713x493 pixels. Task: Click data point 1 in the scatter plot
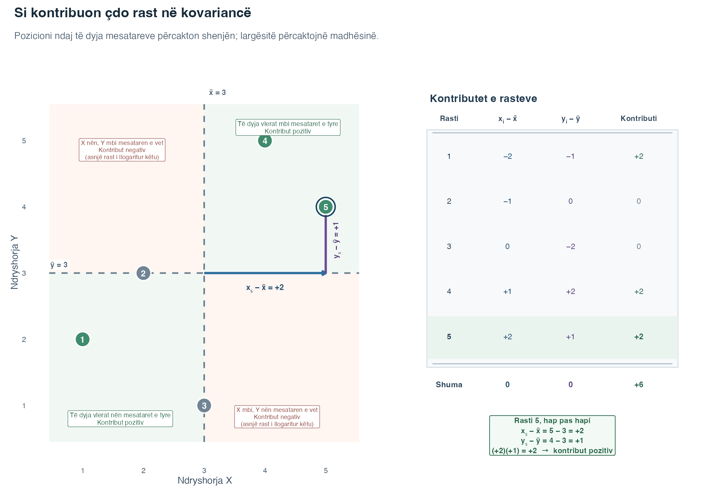point(82,339)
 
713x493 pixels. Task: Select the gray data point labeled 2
point(143,273)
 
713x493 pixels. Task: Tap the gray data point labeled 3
point(204,405)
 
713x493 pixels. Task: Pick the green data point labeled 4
point(265,141)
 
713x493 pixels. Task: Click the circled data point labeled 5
point(325,207)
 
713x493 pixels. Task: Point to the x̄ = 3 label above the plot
point(217,93)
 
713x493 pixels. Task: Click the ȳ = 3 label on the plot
point(59,265)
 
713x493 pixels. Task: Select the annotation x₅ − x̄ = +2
point(265,288)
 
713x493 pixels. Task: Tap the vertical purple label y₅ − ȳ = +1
point(337,240)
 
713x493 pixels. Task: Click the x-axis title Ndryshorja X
point(205,480)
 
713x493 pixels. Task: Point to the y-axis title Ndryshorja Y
point(14,262)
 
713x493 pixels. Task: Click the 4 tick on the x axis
point(265,470)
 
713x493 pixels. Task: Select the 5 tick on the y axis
point(24,141)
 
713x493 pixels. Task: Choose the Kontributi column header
point(639,118)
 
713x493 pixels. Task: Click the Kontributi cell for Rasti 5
point(639,337)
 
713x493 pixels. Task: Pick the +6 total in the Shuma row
point(639,385)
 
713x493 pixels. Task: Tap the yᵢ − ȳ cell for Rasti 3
point(571,246)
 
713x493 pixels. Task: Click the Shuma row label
point(449,385)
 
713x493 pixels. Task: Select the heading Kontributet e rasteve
point(483,98)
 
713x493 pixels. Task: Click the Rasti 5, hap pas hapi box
point(552,436)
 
